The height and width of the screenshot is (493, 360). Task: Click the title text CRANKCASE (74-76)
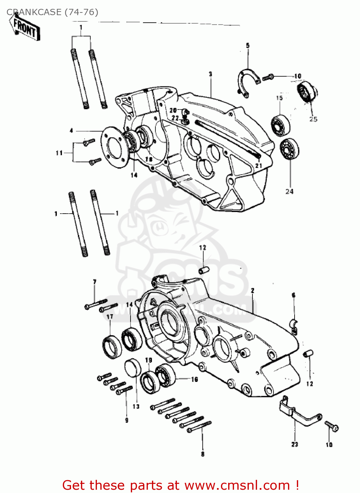(52, 12)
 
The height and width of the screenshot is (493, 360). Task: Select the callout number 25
(313, 119)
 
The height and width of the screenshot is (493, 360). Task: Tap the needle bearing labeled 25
(307, 90)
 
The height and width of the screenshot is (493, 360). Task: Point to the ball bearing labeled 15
(280, 125)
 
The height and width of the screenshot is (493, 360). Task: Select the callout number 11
(59, 153)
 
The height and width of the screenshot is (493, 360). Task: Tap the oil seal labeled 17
(111, 346)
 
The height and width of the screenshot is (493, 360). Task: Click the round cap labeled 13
(133, 368)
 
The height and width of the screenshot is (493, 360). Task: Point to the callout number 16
(195, 379)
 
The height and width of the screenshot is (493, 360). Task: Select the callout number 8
(203, 454)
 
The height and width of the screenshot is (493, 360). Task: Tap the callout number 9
(127, 420)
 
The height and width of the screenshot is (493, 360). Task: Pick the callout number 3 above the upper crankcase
(210, 74)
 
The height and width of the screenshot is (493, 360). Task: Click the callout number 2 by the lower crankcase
(252, 291)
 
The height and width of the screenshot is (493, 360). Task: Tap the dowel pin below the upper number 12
(204, 270)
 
